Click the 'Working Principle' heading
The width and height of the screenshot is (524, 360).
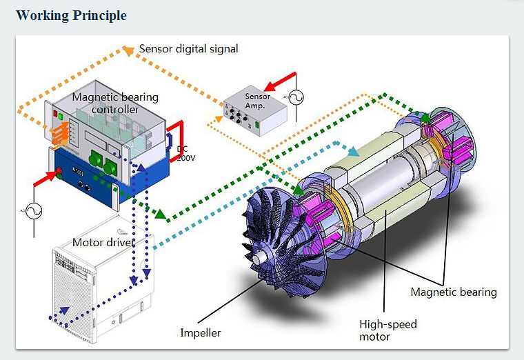click(71, 15)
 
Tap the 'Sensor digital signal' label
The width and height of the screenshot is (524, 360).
click(188, 49)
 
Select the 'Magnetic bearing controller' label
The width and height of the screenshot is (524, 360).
click(115, 103)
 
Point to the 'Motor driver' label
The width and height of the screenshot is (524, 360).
click(103, 242)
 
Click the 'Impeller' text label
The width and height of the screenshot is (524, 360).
click(201, 333)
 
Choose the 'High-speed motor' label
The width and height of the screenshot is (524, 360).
click(387, 330)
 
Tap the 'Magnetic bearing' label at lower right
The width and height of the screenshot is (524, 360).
click(453, 292)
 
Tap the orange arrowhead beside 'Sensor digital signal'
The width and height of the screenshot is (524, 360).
click(128, 49)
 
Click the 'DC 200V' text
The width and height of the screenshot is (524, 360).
click(186, 153)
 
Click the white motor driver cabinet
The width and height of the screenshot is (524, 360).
click(103, 283)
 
